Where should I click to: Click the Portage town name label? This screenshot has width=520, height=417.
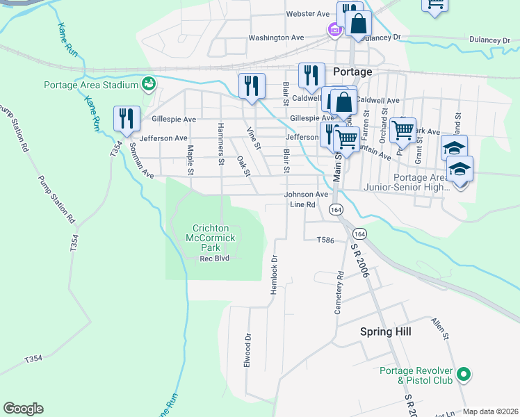(352, 72)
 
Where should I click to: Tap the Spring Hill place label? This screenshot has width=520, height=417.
(385, 332)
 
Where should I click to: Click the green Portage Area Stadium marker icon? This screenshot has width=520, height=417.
(148, 85)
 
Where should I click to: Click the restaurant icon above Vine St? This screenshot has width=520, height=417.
(252, 85)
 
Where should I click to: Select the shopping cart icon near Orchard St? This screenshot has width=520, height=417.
(403, 129)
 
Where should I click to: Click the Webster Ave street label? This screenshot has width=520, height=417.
(307, 14)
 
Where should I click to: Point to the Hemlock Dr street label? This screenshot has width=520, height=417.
(274, 271)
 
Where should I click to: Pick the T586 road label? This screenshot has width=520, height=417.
(325, 240)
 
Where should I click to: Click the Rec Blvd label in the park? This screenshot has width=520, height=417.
(215, 259)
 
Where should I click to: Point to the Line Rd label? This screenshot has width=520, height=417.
(302, 205)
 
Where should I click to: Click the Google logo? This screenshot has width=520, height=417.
(23, 409)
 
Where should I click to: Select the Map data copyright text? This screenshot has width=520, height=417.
(490, 411)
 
